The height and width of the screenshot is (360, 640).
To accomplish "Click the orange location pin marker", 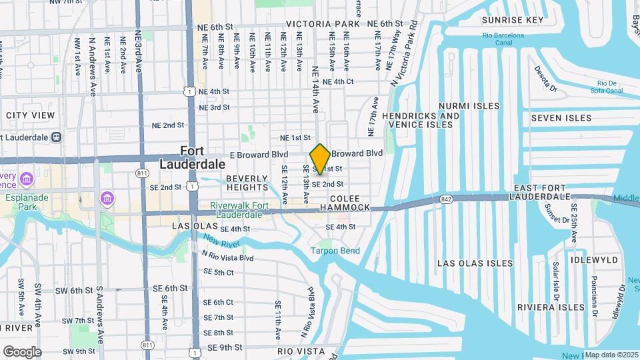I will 320,159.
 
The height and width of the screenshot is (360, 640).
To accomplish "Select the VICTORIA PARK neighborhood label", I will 323,24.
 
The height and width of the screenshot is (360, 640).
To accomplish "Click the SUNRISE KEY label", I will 513,20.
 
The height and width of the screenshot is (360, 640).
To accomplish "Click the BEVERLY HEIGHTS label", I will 247,183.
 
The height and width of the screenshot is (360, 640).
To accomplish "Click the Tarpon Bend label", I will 335,251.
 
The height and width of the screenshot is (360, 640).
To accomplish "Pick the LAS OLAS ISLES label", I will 475,264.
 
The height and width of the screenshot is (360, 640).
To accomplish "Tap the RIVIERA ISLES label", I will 551,307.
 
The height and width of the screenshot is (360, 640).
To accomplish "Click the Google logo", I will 22,351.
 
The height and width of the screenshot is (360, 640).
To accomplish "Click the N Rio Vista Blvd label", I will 227,257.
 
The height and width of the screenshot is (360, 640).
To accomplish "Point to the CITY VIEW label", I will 30,115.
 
